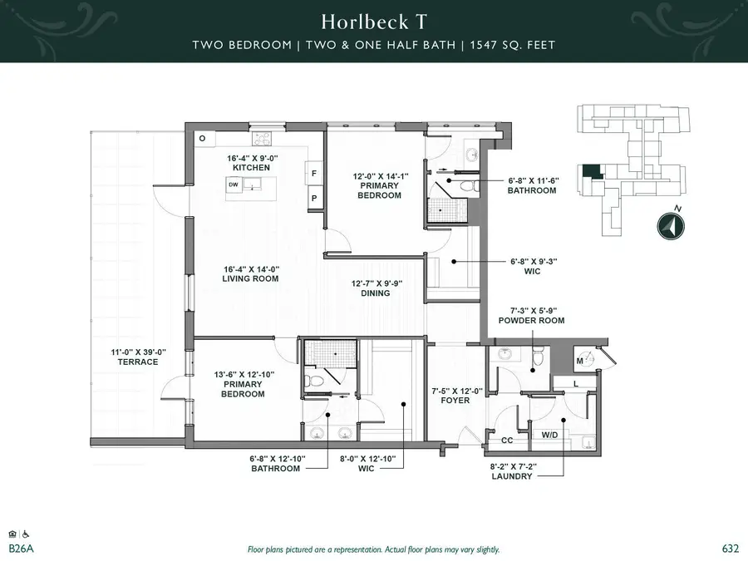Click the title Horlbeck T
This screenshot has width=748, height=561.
point(373,21)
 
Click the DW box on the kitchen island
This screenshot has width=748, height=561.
point(234,185)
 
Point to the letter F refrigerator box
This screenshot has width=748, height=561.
point(314,173)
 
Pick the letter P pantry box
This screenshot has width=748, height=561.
point(314,199)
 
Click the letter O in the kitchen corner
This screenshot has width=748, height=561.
point(202,138)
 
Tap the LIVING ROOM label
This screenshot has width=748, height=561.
point(250,278)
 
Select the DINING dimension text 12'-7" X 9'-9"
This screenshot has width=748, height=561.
point(370,283)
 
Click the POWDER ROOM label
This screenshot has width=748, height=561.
point(531,320)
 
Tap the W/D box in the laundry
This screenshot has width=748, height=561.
point(549,435)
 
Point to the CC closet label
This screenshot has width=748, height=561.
point(506,440)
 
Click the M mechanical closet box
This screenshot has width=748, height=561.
point(580,361)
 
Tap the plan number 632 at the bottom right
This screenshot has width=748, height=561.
point(730,549)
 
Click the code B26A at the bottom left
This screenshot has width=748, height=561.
point(20,549)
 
